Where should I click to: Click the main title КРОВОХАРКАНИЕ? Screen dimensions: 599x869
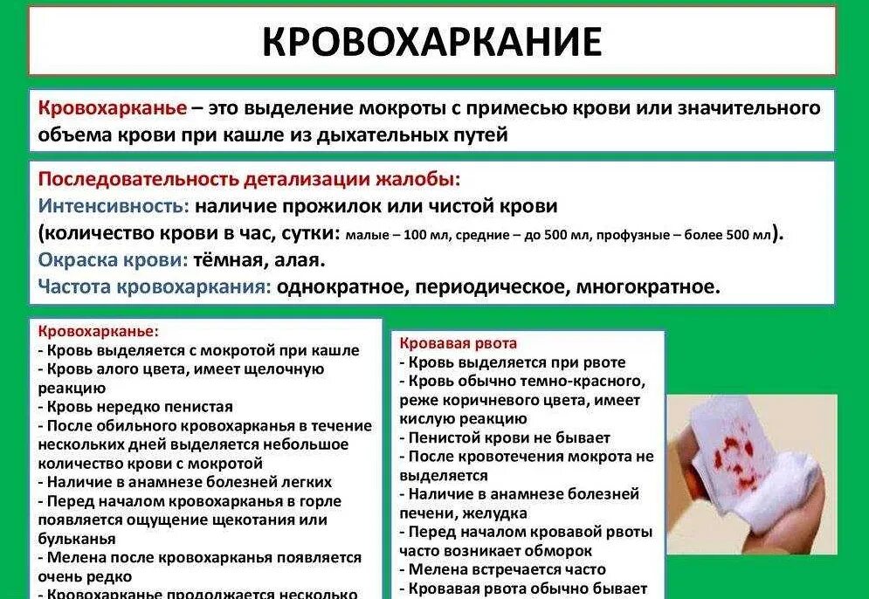click(x=432, y=42)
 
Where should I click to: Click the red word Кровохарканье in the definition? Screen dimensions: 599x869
click(x=113, y=108)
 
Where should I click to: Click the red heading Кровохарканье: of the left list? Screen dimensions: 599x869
click(x=98, y=332)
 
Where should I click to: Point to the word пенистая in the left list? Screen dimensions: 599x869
click(x=198, y=406)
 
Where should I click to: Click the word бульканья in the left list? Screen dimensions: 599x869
click(x=77, y=539)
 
